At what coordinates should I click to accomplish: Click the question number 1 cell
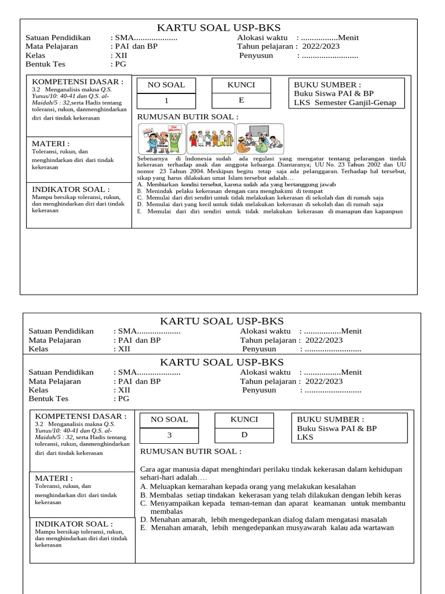point(166,100)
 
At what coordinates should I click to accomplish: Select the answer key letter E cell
point(241,100)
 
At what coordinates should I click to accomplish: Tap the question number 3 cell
point(169,435)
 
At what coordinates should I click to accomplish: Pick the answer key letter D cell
point(244,435)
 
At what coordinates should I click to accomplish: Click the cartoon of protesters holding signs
point(161,139)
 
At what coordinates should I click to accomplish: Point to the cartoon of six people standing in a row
point(210,139)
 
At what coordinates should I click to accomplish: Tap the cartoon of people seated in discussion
point(260,139)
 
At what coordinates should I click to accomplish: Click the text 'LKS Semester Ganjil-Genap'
point(345,103)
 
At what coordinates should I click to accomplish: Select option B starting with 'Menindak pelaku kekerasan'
point(226,190)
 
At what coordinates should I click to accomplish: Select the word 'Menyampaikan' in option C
point(174,504)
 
